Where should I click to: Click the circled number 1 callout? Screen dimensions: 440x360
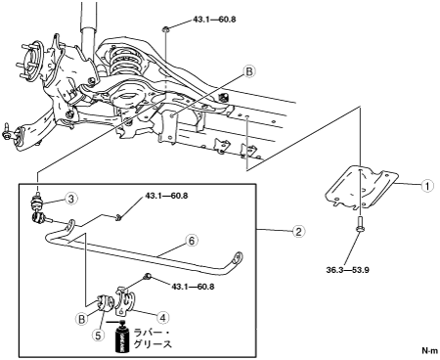pos(427,186)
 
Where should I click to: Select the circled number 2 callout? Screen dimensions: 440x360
pos(299,231)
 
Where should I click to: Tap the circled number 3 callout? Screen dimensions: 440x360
pos(71,199)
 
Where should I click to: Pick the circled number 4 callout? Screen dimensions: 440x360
pos(163,317)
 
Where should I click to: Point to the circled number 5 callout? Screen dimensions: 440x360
pos(98,336)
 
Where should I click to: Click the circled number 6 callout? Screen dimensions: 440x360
pos(192,241)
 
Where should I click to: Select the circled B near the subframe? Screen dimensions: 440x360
pos(249,71)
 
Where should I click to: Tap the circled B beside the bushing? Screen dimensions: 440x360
pos(82,319)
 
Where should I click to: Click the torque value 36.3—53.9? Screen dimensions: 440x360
pos(347,270)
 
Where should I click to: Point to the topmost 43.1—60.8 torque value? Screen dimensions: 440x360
pos(214,20)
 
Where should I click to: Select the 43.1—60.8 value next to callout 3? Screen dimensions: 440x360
pos(166,197)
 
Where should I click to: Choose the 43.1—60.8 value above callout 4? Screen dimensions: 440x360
pos(193,287)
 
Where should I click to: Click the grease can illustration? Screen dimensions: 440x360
pos(122,337)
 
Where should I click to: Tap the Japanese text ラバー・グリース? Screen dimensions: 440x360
pos(153,338)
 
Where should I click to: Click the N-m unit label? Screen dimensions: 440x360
pos(430,350)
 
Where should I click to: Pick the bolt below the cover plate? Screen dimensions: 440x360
pos(360,224)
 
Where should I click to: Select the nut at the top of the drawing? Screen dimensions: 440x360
pos(165,29)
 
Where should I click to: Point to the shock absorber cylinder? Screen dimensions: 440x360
pos(88,32)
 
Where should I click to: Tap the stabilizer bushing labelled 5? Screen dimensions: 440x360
pos(105,302)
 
